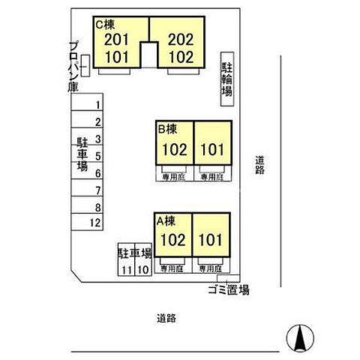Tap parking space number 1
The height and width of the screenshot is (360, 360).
point(97,105)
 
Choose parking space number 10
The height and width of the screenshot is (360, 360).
point(142,269)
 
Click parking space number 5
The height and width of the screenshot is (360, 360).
point(97,156)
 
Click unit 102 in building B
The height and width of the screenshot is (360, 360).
point(173,149)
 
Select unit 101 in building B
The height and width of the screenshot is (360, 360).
point(211,149)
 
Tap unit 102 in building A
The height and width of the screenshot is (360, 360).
point(172,241)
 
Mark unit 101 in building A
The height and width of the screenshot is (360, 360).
point(211,241)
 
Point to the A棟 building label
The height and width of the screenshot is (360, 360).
point(165,220)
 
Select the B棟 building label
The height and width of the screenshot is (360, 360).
point(166,128)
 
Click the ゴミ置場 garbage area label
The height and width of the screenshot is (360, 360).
point(229,290)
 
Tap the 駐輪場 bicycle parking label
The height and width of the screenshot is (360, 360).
point(226,78)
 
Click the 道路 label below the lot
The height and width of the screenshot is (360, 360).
point(166,317)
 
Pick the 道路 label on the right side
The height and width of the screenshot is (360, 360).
point(259,164)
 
